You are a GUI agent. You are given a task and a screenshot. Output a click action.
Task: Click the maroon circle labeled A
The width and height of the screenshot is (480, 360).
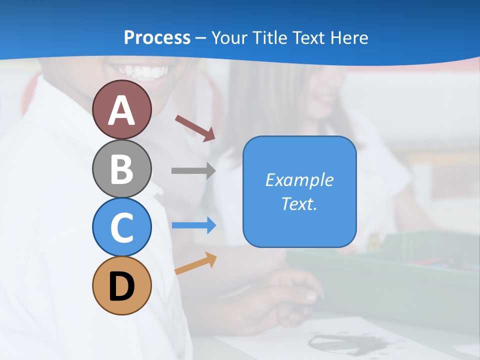tap(121, 110)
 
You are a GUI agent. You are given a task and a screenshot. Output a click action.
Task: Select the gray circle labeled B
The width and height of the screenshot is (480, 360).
tap(121, 169)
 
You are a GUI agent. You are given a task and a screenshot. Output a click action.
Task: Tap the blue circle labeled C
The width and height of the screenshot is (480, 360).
tap(121, 227)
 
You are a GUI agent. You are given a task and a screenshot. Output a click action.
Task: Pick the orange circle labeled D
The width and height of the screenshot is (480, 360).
tap(121, 285)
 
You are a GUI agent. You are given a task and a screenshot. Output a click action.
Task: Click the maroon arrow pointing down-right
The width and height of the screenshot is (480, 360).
tap(195, 128)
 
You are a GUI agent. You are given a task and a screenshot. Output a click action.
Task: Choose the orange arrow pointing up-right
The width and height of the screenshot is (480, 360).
tap(195, 263)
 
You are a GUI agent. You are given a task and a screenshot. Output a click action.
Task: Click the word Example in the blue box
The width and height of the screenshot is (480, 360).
tap(299, 179)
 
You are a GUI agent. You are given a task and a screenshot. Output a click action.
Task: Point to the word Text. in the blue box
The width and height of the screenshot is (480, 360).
tap(299, 203)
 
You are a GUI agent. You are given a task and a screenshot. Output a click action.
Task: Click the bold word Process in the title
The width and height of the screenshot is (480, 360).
tap(157, 37)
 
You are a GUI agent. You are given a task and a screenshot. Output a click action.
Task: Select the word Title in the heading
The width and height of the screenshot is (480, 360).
tap(270, 37)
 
